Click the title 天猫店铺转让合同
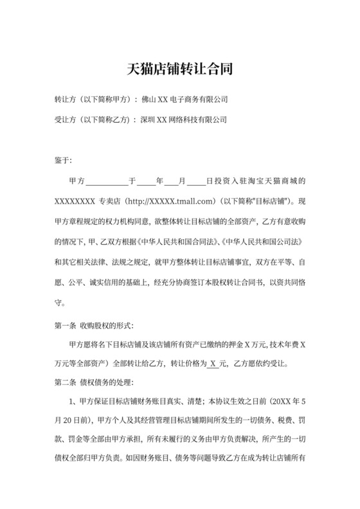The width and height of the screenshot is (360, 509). click(179, 67)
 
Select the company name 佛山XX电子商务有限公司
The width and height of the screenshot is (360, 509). click(185, 100)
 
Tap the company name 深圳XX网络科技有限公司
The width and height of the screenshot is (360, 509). click(184, 120)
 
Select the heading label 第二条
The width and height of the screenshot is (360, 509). click(67, 384)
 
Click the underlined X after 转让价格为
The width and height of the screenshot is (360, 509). click(214, 364)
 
